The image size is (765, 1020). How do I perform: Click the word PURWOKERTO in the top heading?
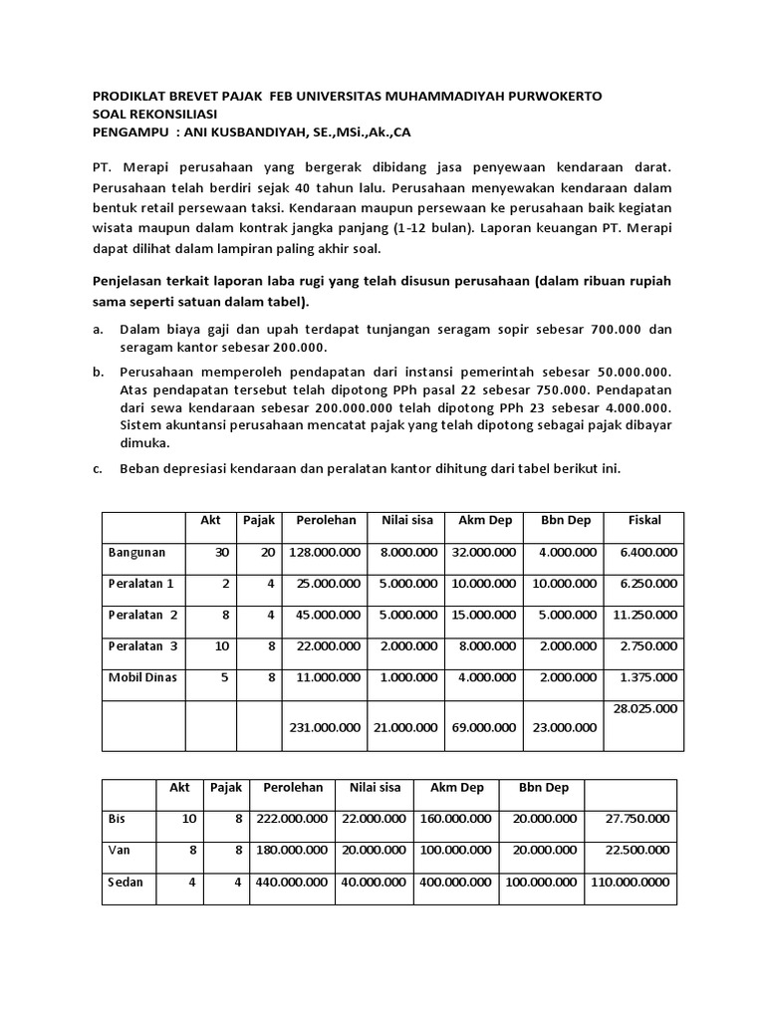[x=556, y=96]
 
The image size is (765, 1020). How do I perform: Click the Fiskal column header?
[x=644, y=520]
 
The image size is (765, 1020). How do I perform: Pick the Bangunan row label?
[x=137, y=552]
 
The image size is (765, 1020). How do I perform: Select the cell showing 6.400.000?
[x=647, y=552]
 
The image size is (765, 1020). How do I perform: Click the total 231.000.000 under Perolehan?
[x=325, y=727]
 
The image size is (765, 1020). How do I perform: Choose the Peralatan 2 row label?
[x=143, y=615]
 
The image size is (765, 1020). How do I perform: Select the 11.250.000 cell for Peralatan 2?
[x=645, y=615]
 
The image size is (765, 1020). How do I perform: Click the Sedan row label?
[x=126, y=883]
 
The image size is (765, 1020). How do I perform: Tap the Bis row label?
[x=118, y=819]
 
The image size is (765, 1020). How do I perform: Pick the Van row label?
[x=120, y=851]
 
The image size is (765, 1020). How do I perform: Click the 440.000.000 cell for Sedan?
[x=293, y=883]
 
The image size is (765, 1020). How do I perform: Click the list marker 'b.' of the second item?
[x=99, y=371]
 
